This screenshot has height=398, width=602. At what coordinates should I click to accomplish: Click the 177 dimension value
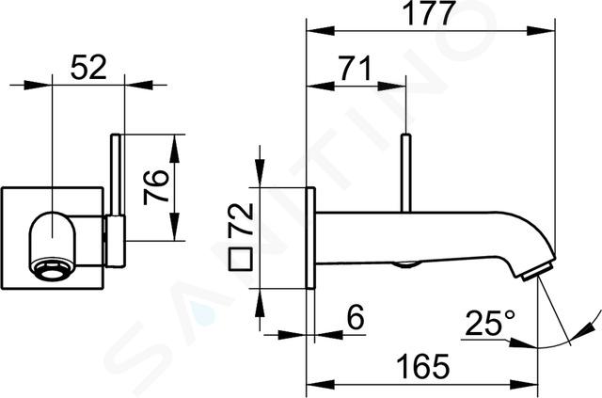pyautogui.click(x=431, y=13)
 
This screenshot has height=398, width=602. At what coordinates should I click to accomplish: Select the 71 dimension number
pyautogui.click(x=355, y=69)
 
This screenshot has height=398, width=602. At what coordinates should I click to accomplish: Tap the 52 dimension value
pyautogui.click(x=88, y=67)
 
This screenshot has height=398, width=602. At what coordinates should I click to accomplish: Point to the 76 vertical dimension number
pyautogui.click(x=156, y=187)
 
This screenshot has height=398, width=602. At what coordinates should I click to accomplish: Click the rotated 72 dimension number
pyautogui.click(x=241, y=219)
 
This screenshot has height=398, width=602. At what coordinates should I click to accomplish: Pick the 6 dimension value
pyautogui.click(x=356, y=317)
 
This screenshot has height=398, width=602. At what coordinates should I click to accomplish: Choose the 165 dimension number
pyautogui.click(x=423, y=366)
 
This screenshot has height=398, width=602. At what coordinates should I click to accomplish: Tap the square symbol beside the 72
pyautogui.click(x=241, y=260)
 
